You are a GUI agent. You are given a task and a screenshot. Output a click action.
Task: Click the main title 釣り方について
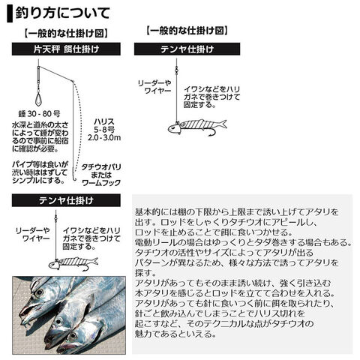[62, 13]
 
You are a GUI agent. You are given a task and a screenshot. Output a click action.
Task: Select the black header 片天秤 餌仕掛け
[66, 49]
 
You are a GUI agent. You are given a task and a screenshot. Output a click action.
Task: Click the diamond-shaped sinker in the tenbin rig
[38, 99]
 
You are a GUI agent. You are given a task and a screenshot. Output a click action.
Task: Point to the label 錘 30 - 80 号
[40, 114]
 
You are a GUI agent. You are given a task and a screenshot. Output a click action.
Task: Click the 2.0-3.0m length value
[104, 137]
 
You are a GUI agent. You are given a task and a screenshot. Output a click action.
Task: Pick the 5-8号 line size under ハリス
[104, 130]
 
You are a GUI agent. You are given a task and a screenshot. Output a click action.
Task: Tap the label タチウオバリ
[101, 167]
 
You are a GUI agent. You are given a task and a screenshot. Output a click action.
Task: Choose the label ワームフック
[101, 183]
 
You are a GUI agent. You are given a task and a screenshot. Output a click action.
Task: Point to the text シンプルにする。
[38, 180]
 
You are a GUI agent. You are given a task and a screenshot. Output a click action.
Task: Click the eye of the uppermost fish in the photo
[39, 292]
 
